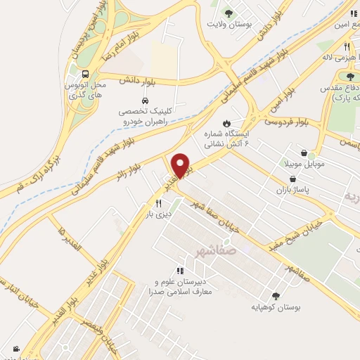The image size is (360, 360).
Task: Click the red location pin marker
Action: [x=181, y=165]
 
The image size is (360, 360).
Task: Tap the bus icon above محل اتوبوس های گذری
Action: [x=85, y=73]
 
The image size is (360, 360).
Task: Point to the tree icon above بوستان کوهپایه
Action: [x=275, y=296]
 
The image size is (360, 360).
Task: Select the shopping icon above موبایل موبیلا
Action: [x=304, y=153]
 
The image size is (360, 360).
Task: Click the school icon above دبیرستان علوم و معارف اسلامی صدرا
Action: [x=181, y=270]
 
